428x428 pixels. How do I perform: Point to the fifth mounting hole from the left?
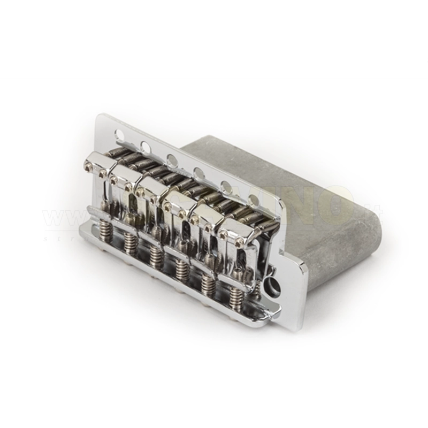point(225,187)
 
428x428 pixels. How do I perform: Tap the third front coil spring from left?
point(155,255)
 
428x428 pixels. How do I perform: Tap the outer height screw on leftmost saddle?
point(88,165)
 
